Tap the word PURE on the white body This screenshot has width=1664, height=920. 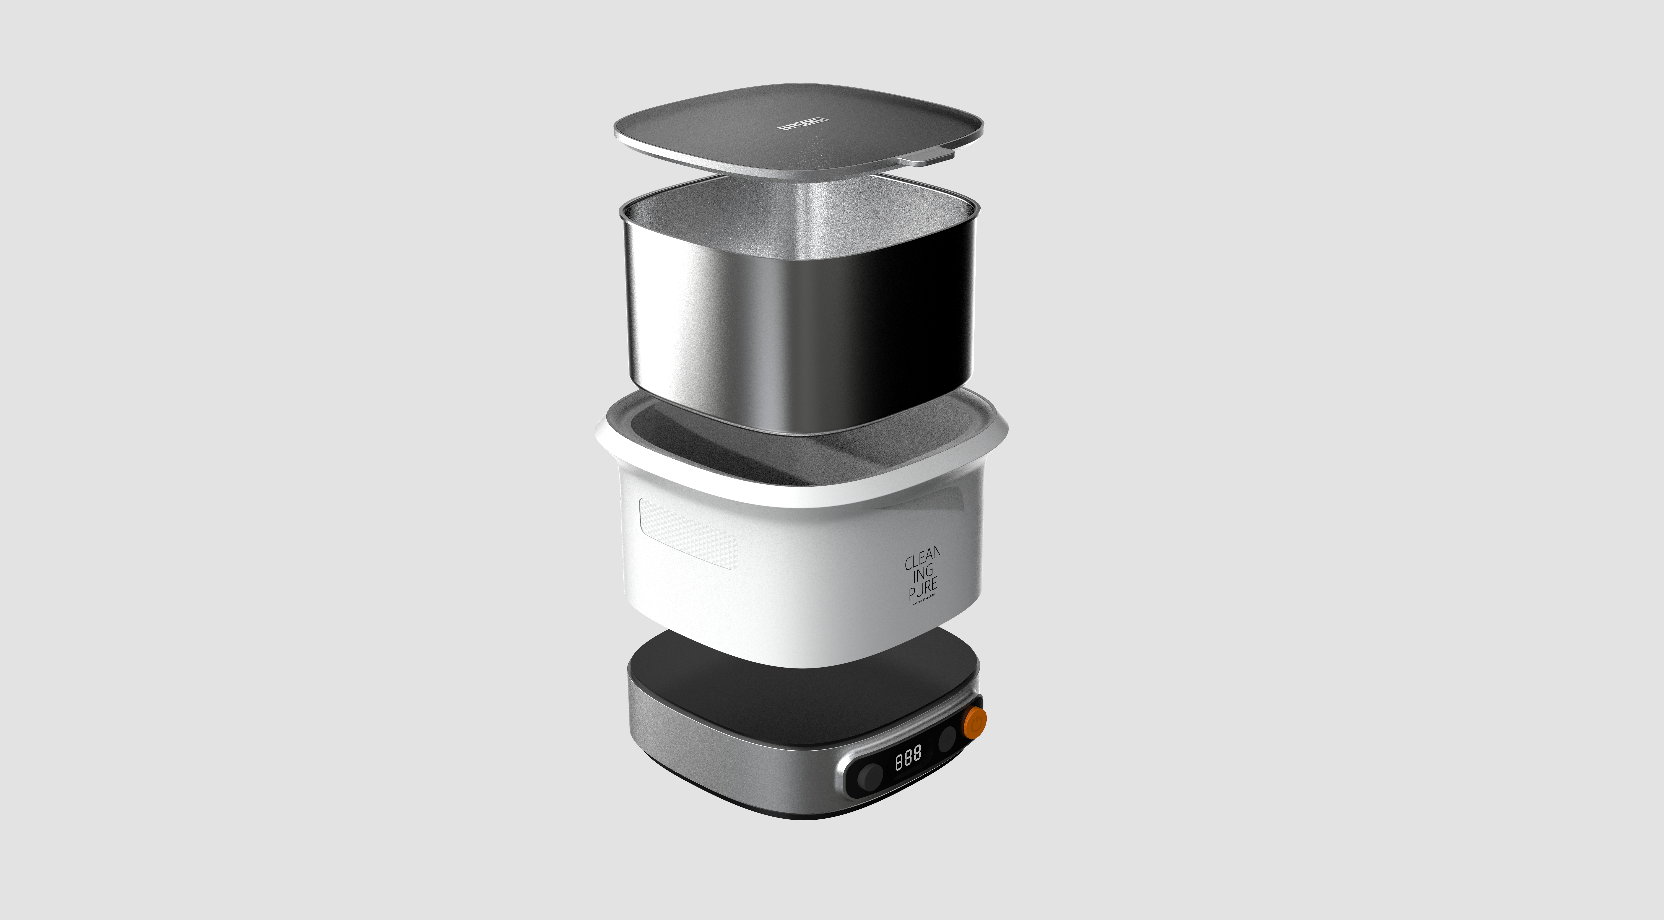(x=922, y=589)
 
